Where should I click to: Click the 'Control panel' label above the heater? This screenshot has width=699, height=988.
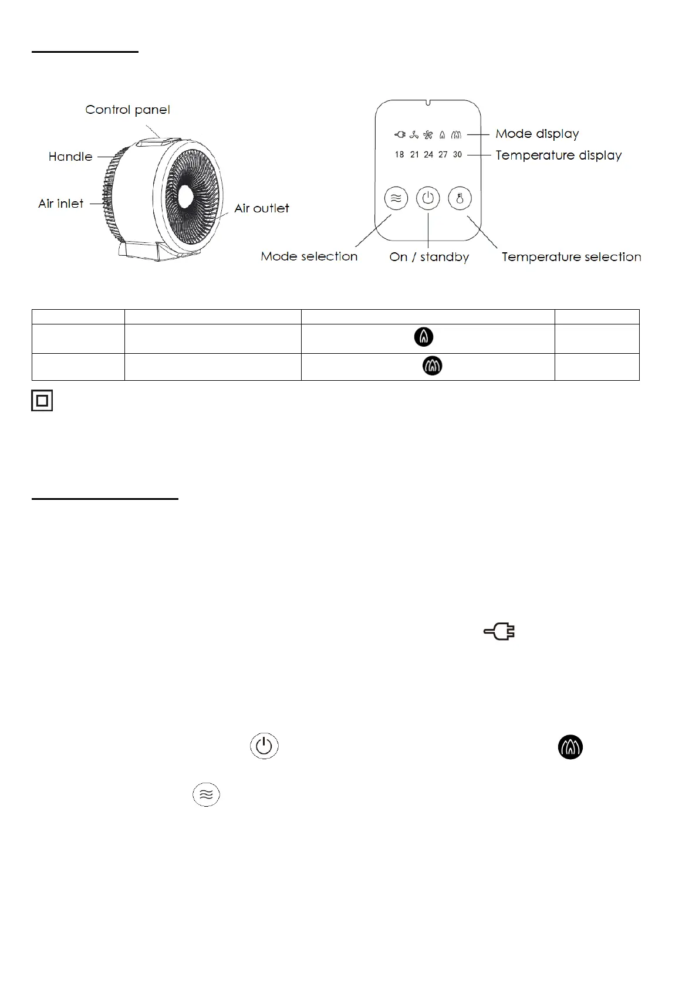[x=127, y=110]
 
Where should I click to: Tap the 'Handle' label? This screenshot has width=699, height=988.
[x=70, y=157]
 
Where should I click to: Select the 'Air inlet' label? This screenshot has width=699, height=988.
[x=61, y=204]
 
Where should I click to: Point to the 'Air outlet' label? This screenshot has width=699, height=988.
[x=261, y=208]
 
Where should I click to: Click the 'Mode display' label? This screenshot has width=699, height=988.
[x=537, y=134]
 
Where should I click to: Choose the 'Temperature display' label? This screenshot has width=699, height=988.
[x=558, y=155]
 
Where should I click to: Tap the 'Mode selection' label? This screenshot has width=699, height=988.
[x=309, y=256]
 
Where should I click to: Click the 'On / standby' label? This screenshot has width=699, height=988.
[x=429, y=257]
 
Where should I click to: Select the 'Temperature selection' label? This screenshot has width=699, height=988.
[x=571, y=257]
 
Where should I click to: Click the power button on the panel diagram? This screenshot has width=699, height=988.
[x=428, y=198]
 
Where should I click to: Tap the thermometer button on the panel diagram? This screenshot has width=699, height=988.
[x=460, y=198]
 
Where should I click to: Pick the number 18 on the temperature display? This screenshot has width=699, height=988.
[x=399, y=155]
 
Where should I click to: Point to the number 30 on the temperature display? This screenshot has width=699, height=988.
[x=457, y=155]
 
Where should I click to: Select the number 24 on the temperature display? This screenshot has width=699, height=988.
[x=428, y=155]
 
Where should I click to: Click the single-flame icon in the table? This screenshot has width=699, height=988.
[x=424, y=337]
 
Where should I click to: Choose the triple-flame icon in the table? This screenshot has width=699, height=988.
[x=433, y=366]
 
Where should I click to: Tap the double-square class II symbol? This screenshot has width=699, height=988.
[x=42, y=400]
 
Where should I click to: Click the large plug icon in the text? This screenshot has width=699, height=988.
[x=499, y=632]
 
